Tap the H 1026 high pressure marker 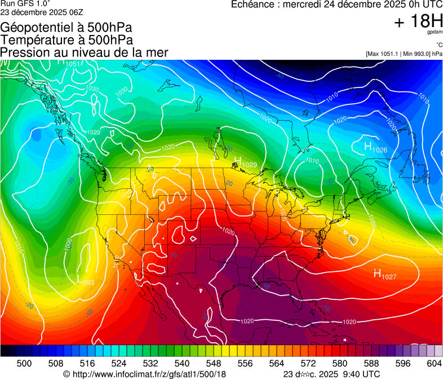(x=375, y=148)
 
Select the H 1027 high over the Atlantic (x=386, y=275)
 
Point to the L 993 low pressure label (x=85, y=280)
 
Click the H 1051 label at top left (x=70, y=63)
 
